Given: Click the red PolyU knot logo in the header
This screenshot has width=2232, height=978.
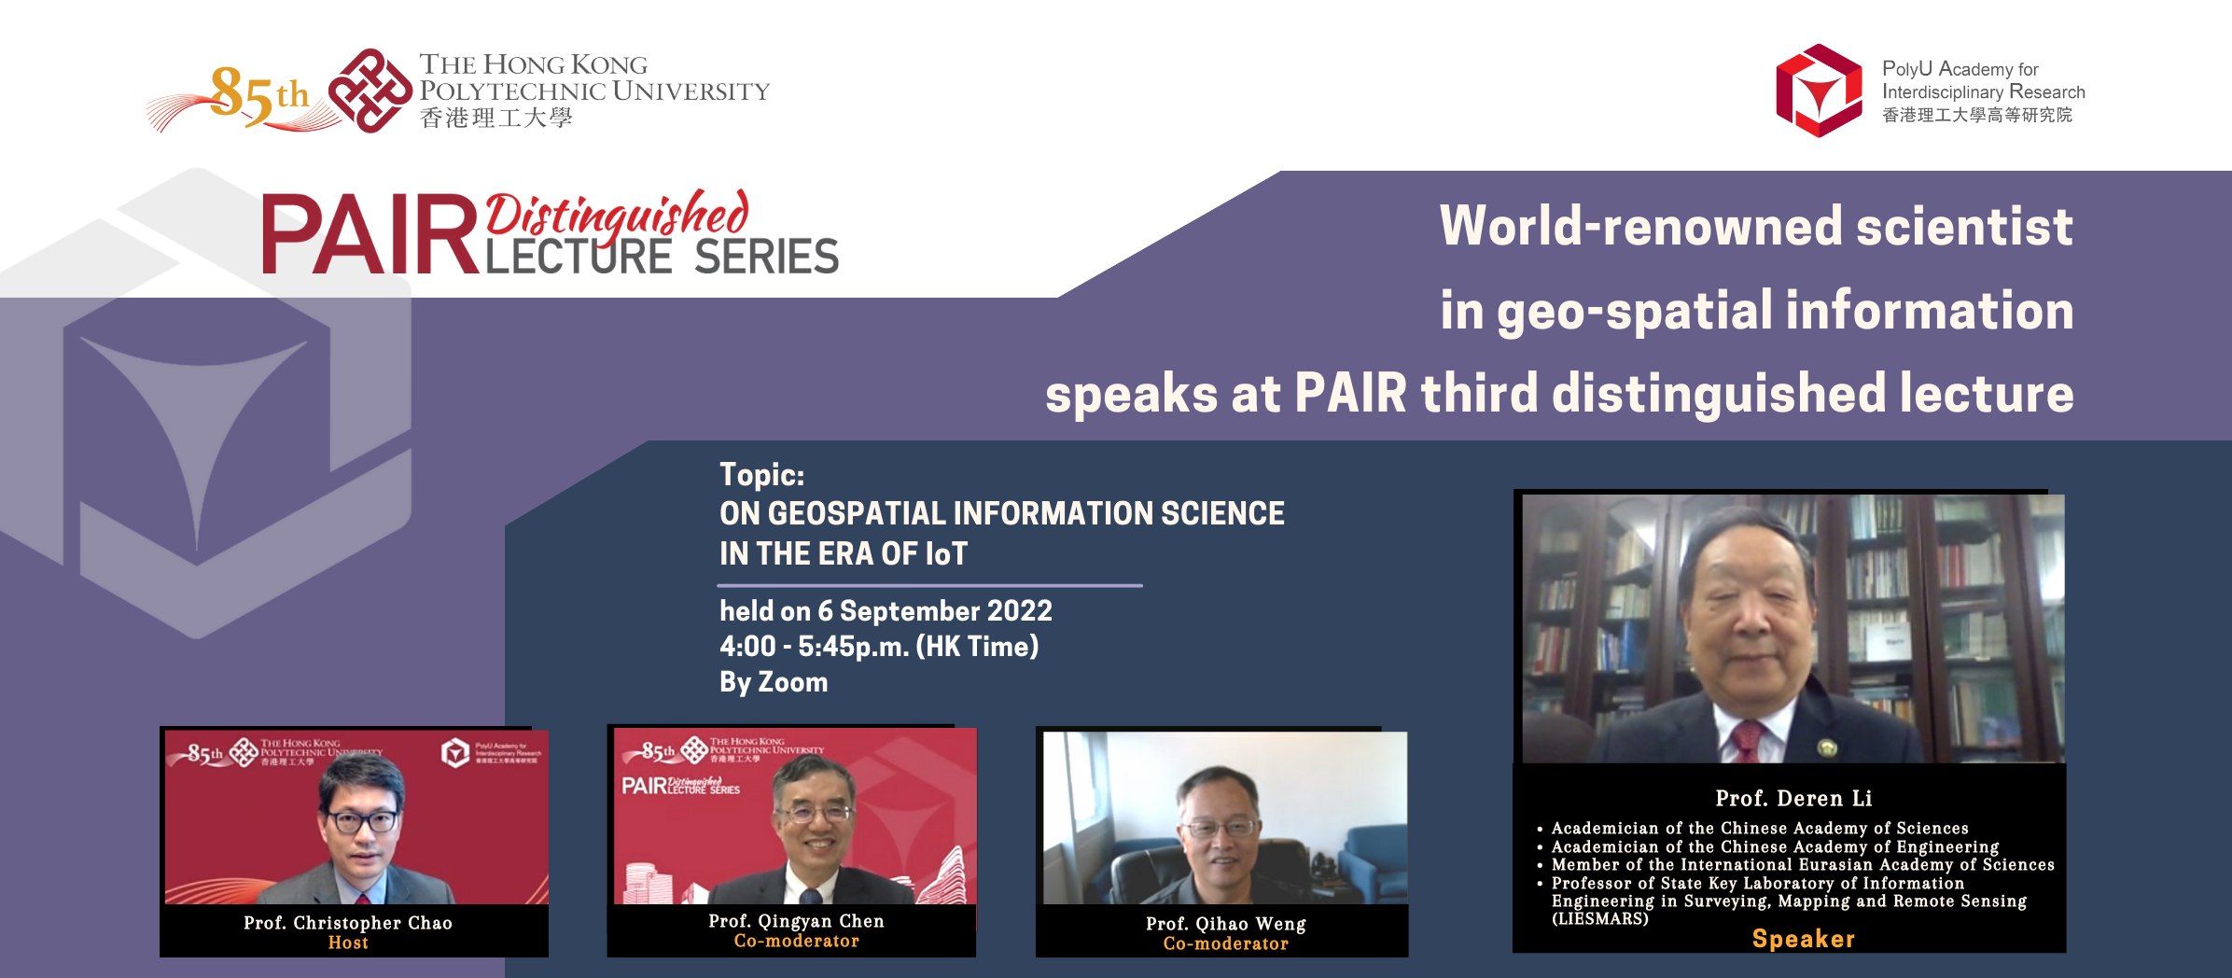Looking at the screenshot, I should (370, 91).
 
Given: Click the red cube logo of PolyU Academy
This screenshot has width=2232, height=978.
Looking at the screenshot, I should (1818, 91).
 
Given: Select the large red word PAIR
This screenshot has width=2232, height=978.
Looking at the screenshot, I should (370, 236).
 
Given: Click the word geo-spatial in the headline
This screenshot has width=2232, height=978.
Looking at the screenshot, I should (1634, 311).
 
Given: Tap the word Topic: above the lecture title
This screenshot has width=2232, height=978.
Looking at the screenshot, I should (761, 475).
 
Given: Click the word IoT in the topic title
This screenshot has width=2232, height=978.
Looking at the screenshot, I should (945, 554).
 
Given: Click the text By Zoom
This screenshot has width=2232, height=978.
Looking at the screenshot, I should (773, 682).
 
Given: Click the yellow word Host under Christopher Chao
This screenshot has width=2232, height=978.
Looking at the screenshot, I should (348, 943).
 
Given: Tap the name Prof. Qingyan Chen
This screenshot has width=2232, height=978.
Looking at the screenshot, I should (796, 921).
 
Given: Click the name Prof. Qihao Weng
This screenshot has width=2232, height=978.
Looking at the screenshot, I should (1225, 924).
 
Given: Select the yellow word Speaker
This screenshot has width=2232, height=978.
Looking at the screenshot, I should (1803, 939).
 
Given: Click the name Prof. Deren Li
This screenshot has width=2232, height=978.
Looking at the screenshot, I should (1793, 799).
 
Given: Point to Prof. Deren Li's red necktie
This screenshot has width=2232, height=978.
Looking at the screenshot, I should (1747, 743).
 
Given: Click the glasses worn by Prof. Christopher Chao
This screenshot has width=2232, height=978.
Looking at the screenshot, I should (361, 822).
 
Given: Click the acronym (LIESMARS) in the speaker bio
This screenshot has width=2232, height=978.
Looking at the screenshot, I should (1599, 919).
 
